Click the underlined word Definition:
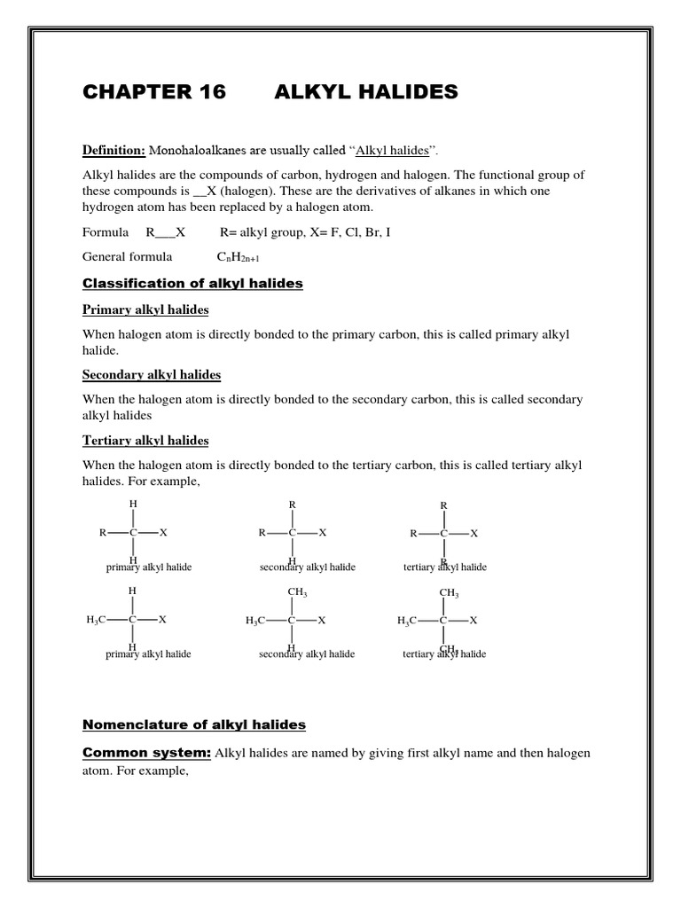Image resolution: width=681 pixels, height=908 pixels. (113, 152)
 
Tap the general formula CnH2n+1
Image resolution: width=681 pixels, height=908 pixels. (239, 257)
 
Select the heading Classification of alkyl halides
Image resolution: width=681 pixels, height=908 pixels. (192, 284)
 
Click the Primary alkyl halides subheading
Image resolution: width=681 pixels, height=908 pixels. (145, 310)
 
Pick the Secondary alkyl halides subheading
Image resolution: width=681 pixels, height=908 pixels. (152, 374)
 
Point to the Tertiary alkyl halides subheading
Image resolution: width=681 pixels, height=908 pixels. (145, 440)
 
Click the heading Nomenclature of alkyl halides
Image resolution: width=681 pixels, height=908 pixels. (194, 724)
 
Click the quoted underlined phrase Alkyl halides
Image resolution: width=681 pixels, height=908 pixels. (386, 152)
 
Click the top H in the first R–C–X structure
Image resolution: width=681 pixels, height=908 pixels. (133, 504)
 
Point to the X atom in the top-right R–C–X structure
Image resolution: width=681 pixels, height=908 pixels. (474, 533)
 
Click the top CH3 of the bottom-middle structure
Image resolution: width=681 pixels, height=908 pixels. (297, 592)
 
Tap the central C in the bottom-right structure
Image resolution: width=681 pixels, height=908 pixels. (443, 620)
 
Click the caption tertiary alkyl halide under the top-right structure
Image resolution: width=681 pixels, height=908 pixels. (444, 567)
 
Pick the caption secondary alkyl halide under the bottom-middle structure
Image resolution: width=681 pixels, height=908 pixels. (307, 654)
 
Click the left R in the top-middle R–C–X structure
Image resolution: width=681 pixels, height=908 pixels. (262, 533)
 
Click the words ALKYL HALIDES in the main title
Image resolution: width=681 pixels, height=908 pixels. (366, 92)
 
